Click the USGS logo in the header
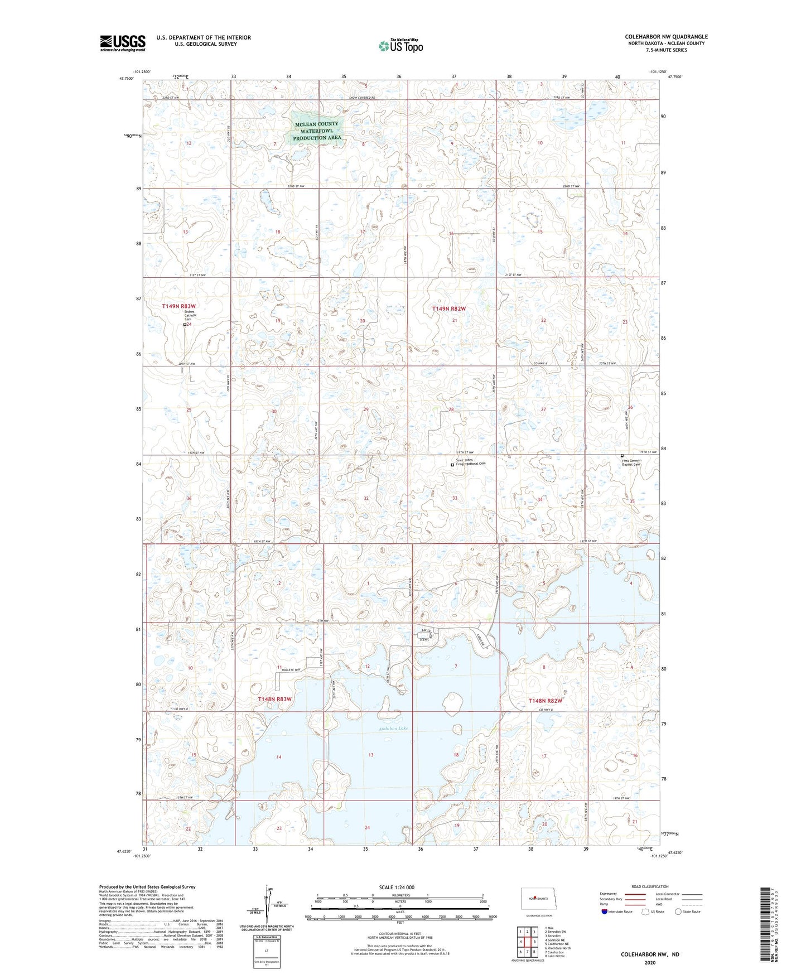[123, 43]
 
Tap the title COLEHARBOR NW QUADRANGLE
[666, 37]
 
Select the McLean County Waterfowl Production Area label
[317, 131]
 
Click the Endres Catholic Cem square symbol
[185, 325]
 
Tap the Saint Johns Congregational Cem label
[471, 462]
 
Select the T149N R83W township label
[179, 306]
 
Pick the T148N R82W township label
[545, 701]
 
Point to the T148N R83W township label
[274, 699]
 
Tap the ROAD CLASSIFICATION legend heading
[650, 886]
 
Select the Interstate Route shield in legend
[605, 912]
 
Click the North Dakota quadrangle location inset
[536, 899]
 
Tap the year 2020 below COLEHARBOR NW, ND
[650, 962]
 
